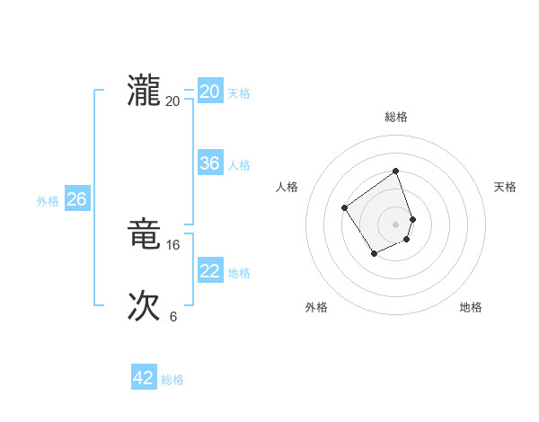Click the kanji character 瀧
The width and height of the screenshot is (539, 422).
[144, 92]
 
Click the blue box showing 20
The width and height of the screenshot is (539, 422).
[210, 92]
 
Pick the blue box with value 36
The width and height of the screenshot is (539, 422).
[210, 163]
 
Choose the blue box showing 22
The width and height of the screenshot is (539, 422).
[210, 271]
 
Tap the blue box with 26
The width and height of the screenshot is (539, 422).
[76, 199]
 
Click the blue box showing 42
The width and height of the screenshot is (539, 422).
[144, 378]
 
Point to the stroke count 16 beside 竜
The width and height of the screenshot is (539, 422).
[173, 244]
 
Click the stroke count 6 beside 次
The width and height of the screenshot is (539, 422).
[173, 316]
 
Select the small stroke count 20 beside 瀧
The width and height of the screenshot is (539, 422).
[173, 101]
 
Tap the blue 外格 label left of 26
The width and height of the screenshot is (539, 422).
[48, 201]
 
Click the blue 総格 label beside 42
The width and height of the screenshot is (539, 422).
[172, 380]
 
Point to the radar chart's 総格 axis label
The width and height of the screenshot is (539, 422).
[396, 117]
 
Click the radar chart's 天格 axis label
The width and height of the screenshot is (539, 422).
[505, 187]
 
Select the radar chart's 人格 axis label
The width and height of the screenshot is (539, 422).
[287, 187]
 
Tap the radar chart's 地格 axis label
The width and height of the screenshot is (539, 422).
[471, 307]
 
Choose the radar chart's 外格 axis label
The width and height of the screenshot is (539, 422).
[316, 307]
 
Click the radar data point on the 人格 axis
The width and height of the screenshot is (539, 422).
[345, 208]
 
